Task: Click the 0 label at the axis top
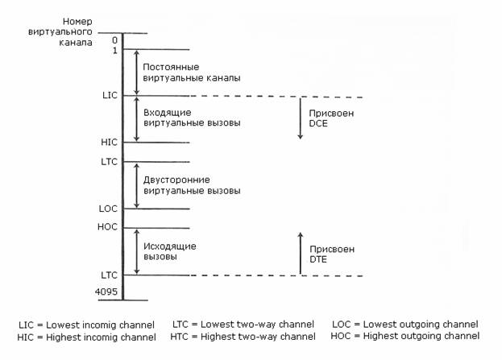pyautogui.click(x=114, y=39)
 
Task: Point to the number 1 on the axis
pyautogui.click(x=114, y=50)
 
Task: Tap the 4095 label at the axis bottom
pyautogui.click(x=108, y=289)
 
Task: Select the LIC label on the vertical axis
pyautogui.click(x=110, y=96)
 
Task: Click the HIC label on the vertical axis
pyautogui.click(x=110, y=143)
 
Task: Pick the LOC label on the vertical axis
pyautogui.click(x=109, y=209)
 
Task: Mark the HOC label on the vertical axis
pyautogui.click(x=108, y=227)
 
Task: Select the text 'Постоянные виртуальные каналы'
pyautogui.click(x=191, y=72)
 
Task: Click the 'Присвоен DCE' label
pyautogui.click(x=332, y=119)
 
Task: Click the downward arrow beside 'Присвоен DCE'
pyautogui.click(x=300, y=118)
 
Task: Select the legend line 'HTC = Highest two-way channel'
pyautogui.click(x=243, y=336)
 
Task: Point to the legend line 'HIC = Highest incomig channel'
pyautogui.click(x=87, y=336)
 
